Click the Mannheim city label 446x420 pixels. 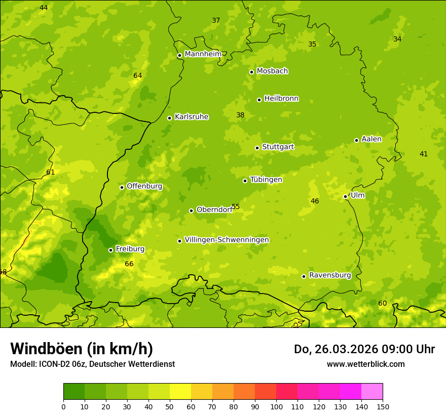[x=203, y=54]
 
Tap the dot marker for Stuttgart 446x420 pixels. [x=257, y=148]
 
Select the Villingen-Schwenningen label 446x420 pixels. [x=227, y=240]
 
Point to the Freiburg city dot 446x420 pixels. [x=110, y=250]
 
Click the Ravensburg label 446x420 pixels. [x=330, y=275]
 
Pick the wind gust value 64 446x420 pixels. [x=137, y=76]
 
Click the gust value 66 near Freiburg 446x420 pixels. [x=129, y=264]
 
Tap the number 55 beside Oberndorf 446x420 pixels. [x=236, y=207]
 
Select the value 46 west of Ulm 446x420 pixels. [x=315, y=201]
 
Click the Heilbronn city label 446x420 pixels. [x=281, y=99]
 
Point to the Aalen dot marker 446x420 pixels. [x=356, y=140]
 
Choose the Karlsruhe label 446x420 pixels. [x=192, y=117]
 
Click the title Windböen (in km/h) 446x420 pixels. [x=82, y=349]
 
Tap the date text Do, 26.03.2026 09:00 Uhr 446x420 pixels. [x=364, y=349]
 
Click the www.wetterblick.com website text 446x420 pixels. [x=365, y=364]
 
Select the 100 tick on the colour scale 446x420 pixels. [x=276, y=406]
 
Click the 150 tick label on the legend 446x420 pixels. [x=383, y=406]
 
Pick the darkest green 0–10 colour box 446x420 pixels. [x=74, y=392]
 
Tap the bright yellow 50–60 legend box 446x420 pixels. [x=180, y=392]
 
